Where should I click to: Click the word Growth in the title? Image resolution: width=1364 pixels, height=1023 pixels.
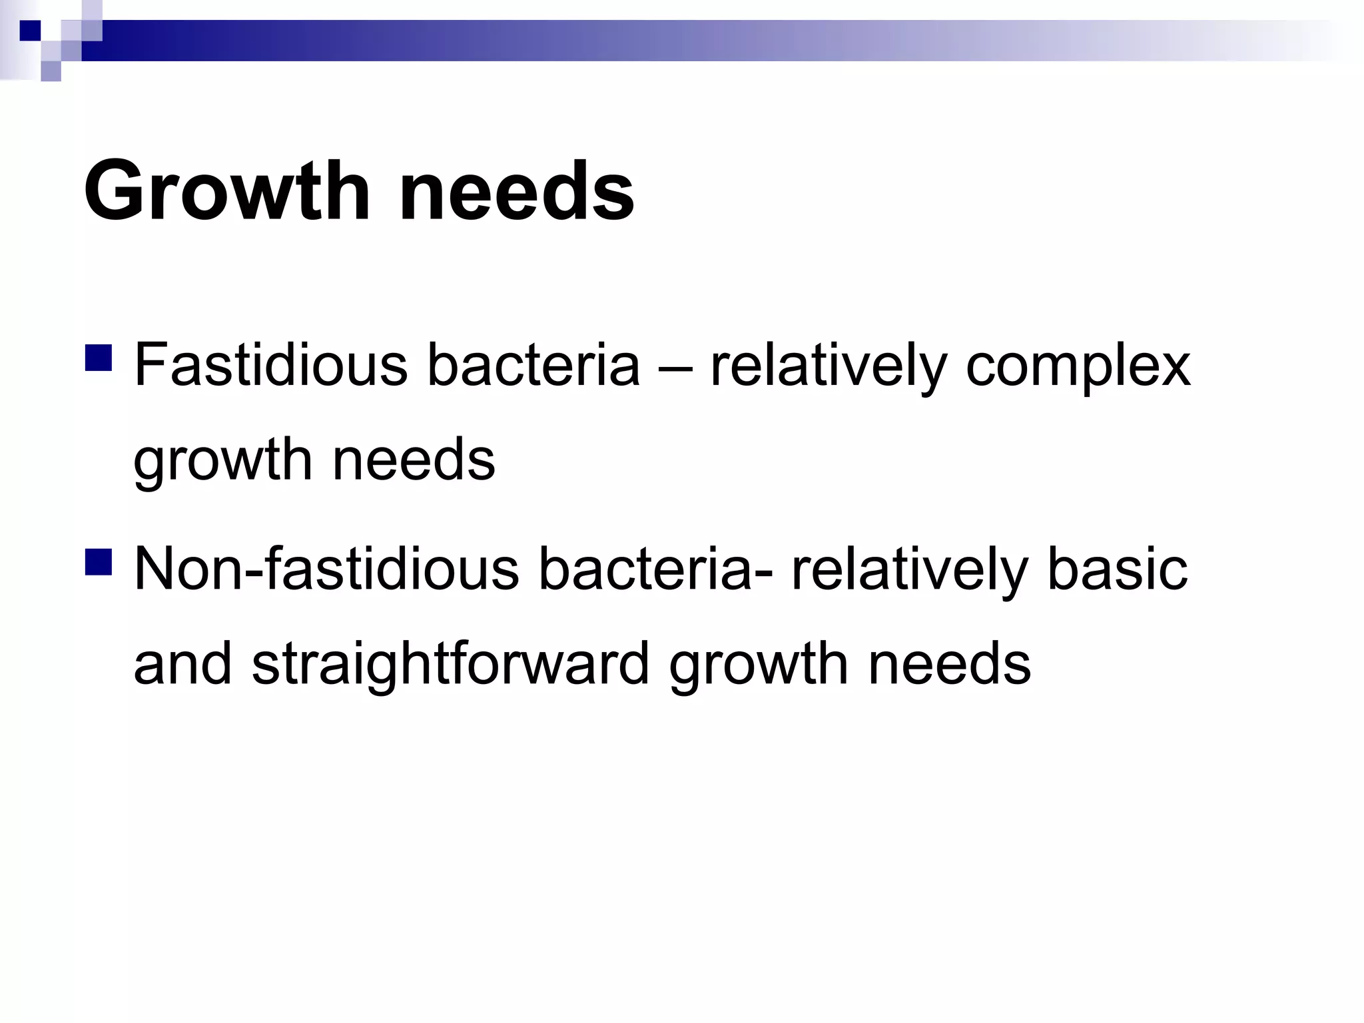pyautogui.click(x=226, y=191)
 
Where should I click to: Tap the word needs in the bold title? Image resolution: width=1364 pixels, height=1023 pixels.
pyautogui.click(x=516, y=191)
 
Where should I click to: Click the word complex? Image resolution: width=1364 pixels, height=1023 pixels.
pyautogui.click(x=1078, y=366)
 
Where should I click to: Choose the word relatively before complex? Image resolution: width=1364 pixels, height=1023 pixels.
pyautogui.click(x=828, y=366)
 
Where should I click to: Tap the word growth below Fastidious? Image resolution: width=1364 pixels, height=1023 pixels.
pyautogui.click(x=222, y=461)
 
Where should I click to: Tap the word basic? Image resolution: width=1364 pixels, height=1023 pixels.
pyautogui.click(x=1117, y=569)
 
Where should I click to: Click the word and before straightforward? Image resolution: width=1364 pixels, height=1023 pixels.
pyautogui.click(x=182, y=663)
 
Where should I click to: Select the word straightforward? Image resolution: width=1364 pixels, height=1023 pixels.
pyautogui.click(x=450, y=665)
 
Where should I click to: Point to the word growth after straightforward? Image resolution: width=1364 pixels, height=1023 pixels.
pyautogui.click(x=758, y=665)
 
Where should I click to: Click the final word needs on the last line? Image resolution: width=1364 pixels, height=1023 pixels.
pyautogui.click(x=949, y=663)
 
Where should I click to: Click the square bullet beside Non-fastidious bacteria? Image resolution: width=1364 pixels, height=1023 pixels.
pyautogui.click(x=99, y=561)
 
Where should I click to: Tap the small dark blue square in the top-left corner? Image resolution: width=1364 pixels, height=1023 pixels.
pyautogui.click(x=30, y=31)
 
